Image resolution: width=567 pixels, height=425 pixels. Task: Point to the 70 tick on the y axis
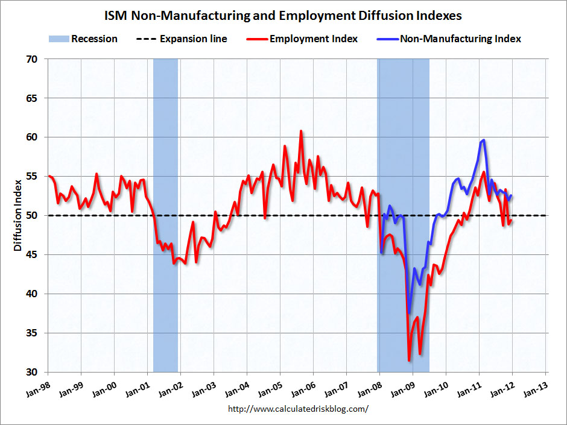(31, 59)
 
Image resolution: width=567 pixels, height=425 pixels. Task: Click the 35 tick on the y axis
(31, 333)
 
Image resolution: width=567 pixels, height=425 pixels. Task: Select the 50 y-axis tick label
(31, 215)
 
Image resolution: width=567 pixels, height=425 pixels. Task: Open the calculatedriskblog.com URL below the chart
(298, 409)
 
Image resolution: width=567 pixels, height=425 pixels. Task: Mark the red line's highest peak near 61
(300, 131)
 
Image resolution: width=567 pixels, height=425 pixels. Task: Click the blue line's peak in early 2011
(484, 140)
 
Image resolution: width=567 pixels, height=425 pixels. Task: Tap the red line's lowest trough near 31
(409, 360)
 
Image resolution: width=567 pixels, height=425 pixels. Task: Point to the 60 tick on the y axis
(31, 137)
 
